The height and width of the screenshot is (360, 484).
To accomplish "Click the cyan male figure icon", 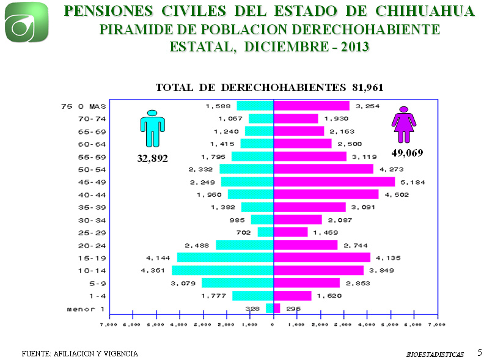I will (152, 128).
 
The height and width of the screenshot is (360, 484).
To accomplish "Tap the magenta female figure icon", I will (404, 125).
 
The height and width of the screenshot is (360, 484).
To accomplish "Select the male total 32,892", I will (152, 158).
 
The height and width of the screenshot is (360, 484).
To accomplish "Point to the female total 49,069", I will (407, 152).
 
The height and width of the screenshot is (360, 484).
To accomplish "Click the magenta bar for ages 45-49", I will (334, 182).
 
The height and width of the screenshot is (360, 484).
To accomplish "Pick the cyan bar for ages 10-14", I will (222, 270).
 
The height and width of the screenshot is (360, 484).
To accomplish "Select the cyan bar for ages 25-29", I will (265, 232).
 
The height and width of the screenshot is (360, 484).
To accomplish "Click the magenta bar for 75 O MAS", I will (311, 106).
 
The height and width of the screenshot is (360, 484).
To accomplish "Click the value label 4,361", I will (153, 270).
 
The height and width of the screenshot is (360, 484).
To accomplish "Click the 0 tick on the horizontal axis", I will (273, 325).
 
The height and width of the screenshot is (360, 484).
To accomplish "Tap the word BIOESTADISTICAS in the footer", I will (435, 354).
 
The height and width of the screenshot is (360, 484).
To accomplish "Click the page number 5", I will (479, 352).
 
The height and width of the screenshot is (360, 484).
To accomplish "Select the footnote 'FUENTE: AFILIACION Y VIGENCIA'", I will (79, 353).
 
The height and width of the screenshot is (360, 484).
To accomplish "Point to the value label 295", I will (293, 309).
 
